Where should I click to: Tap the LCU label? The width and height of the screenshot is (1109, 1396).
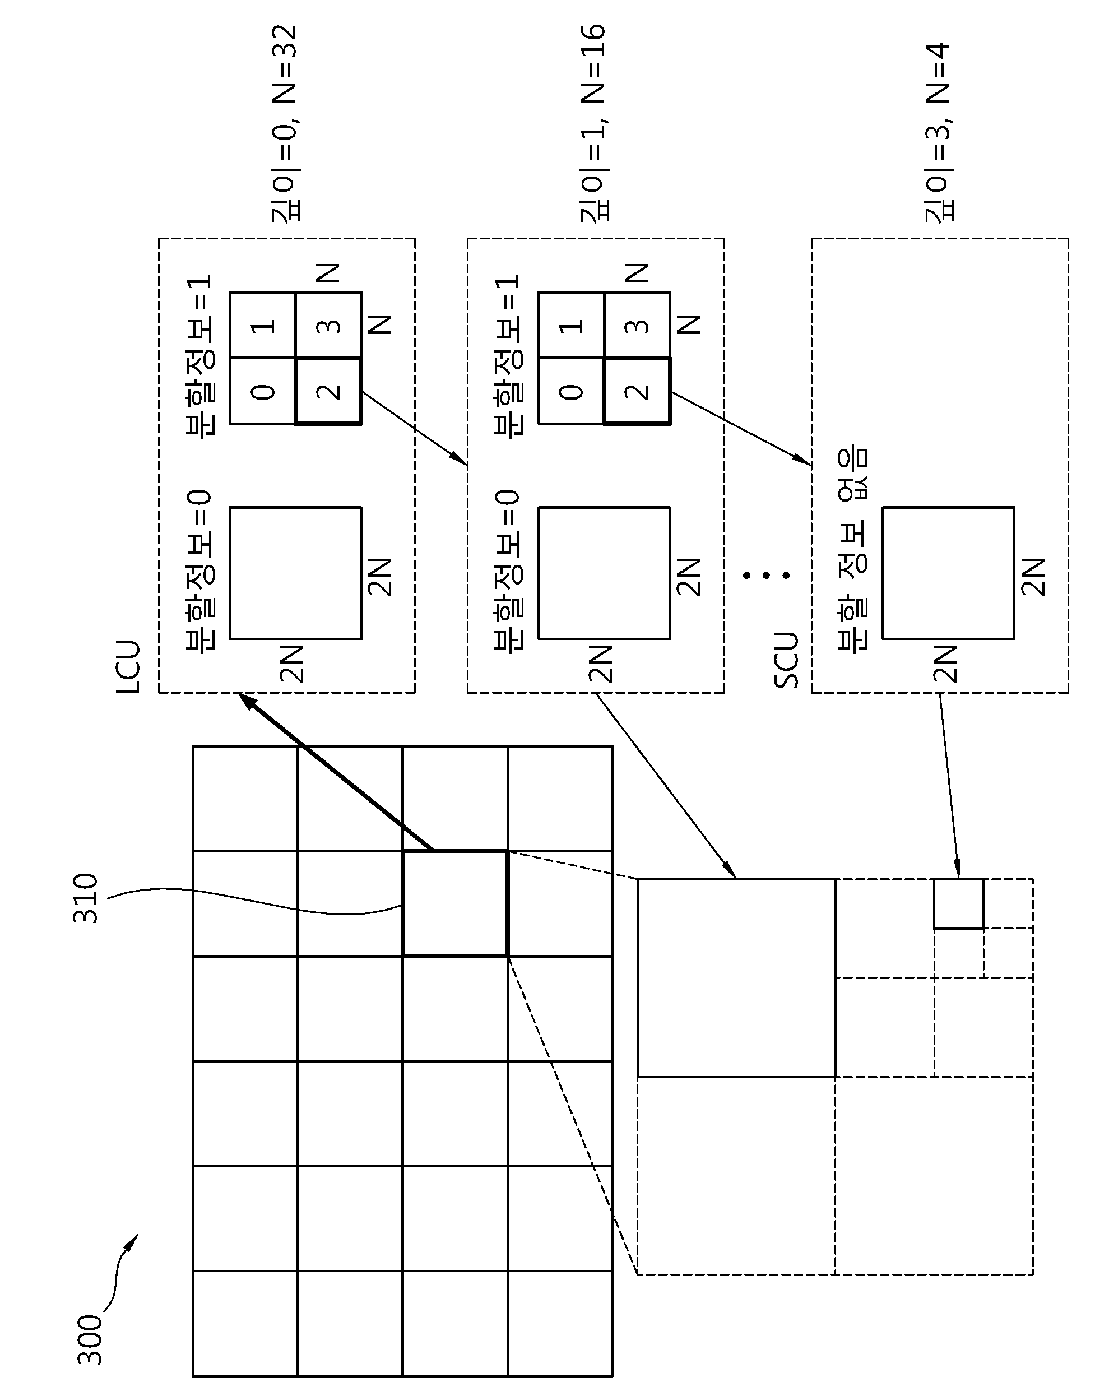coord(128,667)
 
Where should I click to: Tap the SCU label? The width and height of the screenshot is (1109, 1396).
coord(786,660)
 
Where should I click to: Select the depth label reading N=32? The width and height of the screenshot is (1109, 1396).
coord(284,65)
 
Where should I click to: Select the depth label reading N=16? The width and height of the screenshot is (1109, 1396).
coord(592,65)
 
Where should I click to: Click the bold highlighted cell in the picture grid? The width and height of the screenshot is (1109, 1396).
coord(455,903)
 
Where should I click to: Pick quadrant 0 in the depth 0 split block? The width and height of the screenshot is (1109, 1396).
coord(263,391)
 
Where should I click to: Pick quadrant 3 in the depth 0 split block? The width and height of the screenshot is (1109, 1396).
coord(329,325)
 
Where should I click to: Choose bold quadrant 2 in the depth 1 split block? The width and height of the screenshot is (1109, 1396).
coord(637,391)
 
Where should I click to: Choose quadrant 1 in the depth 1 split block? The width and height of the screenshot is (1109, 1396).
coord(571,325)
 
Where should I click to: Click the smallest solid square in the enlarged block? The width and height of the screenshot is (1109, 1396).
coord(959,903)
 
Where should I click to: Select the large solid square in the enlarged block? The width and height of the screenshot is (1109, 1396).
coord(737,978)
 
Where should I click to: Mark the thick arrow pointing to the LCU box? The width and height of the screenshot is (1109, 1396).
coord(336,771)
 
